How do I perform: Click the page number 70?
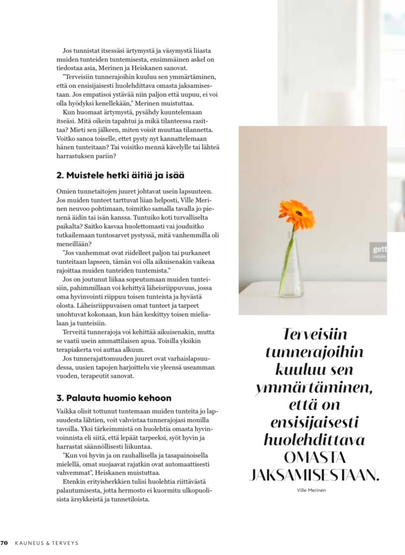click(x=4, y=542)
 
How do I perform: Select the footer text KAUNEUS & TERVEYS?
click(x=48, y=542)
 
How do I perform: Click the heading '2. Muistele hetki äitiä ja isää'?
click(x=120, y=175)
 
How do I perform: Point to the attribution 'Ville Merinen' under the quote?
click(x=313, y=490)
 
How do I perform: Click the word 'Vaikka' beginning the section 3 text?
click(x=67, y=411)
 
